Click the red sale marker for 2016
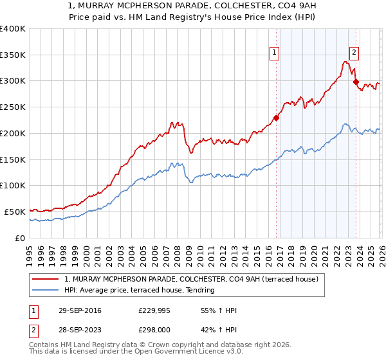(277, 118)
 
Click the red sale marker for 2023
(356, 82)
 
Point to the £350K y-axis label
(13, 55)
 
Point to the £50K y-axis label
(14, 212)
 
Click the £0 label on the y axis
(19, 238)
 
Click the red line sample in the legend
(46, 278)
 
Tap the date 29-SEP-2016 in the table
(79, 310)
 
